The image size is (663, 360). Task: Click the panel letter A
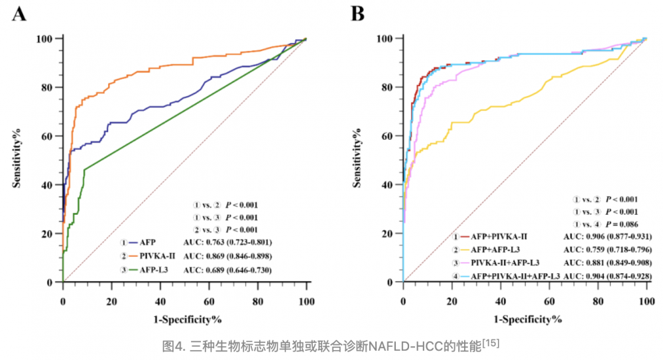(x=19, y=14)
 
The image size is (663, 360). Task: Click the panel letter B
(x=358, y=14)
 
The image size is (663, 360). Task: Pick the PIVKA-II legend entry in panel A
(x=154, y=256)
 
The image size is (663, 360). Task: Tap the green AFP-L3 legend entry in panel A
(x=151, y=270)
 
